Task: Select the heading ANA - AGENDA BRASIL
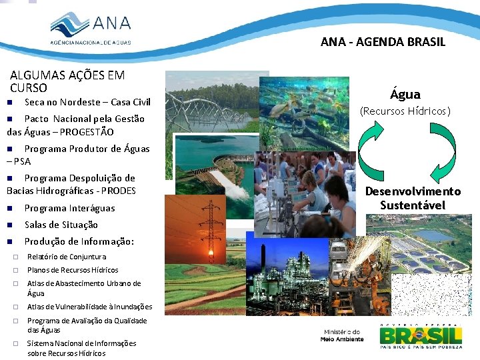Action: click(383, 42)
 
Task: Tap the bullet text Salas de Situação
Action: click(61, 225)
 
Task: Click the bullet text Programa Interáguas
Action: click(69, 208)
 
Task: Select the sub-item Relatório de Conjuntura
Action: click(66, 257)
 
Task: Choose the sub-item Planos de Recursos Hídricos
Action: click(72, 270)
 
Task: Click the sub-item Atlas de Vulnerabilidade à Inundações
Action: click(89, 307)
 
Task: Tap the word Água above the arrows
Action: click(405, 94)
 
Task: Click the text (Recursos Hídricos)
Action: click(405, 111)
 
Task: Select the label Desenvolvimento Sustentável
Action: click(413, 198)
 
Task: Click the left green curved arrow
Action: click(371, 149)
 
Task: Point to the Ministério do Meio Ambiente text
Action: click(342, 335)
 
